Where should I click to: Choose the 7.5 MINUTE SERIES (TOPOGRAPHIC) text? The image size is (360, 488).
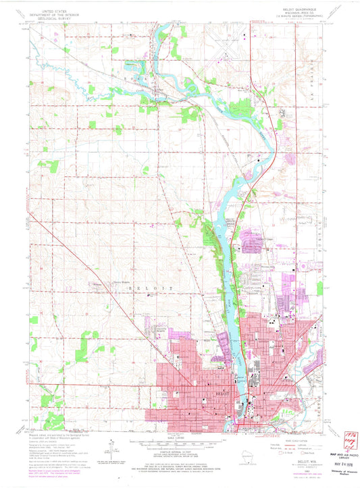[305, 16]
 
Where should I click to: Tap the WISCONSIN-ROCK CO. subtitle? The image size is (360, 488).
[305, 12]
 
